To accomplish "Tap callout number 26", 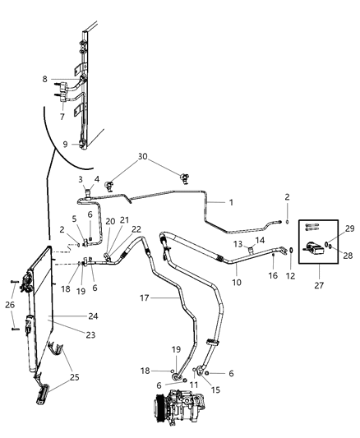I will (11, 307).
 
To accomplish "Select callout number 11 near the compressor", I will (193, 385).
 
